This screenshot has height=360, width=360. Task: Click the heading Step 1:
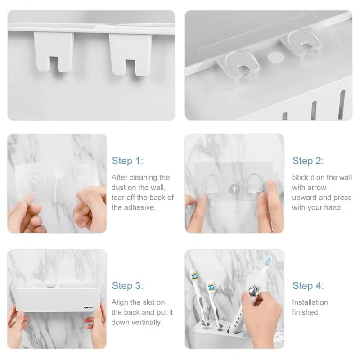click(127, 161)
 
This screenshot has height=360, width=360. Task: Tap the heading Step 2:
click(308, 161)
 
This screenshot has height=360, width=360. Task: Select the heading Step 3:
click(127, 286)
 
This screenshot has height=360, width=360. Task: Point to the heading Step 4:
click(308, 286)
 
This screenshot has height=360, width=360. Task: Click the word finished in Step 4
click(306, 312)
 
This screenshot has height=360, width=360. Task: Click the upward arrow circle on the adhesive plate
click(234, 189)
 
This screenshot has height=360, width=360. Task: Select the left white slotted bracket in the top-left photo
click(53, 52)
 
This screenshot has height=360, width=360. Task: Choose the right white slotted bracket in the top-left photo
click(130, 54)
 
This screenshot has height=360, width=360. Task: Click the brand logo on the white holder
click(88, 307)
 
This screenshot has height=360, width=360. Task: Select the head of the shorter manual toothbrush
click(211, 287)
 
